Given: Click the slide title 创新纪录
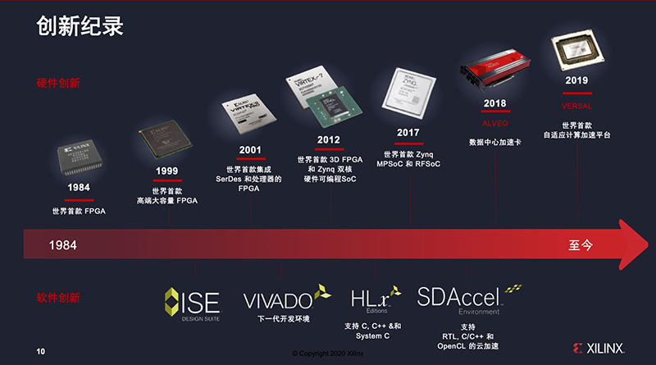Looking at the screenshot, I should click(80, 26).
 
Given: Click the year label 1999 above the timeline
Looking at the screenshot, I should click(166, 171).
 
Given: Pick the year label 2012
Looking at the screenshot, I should click(329, 139).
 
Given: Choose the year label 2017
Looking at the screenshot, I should click(408, 133).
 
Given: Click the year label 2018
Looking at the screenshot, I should click(494, 103).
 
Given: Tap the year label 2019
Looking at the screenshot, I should click(576, 81).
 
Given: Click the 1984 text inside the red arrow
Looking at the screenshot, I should click(63, 245).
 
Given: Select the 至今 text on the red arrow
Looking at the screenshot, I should click(580, 245).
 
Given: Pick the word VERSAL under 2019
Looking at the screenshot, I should click(576, 107).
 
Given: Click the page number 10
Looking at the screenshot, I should click(40, 351).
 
